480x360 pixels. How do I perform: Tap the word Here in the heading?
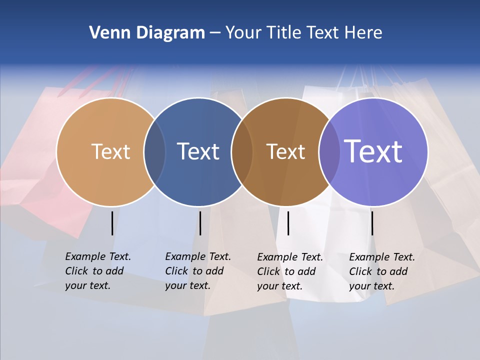(x=363, y=33)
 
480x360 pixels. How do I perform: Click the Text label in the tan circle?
(x=110, y=151)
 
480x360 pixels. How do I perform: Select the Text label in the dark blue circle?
(x=198, y=151)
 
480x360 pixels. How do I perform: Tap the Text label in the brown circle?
(x=285, y=151)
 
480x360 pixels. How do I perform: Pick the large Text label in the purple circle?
(x=373, y=151)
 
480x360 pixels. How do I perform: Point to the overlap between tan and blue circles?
(x=154, y=151)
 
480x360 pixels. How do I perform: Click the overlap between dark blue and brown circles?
(x=242, y=151)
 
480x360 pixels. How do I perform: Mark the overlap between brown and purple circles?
(x=329, y=151)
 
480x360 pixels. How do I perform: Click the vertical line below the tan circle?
(x=112, y=223)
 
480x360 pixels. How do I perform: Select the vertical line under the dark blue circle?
(x=200, y=223)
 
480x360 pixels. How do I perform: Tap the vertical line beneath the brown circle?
(x=288, y=223)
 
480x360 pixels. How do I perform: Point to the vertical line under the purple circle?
(x=372, y=223)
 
